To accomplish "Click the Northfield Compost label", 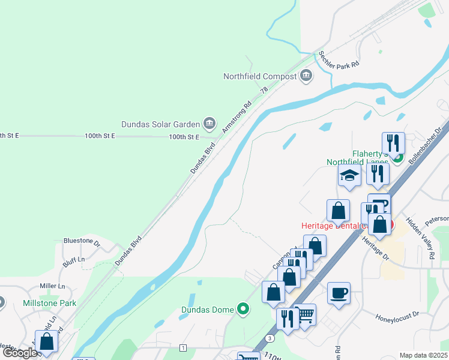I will (260, 76).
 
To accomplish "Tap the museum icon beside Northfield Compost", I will (306, 76).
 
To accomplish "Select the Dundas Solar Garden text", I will (160, 124).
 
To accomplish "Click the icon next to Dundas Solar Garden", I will (209, 124).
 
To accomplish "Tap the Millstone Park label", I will (50, 303).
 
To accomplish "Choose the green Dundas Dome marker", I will (243, 310).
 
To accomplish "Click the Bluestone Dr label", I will (82, 241).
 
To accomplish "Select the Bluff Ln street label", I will (73, 259).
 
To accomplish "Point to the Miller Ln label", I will (52, 286).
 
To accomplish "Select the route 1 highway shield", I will (182, 348).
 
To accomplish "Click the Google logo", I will (19, 353).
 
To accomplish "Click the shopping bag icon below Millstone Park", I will (47, 341).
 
